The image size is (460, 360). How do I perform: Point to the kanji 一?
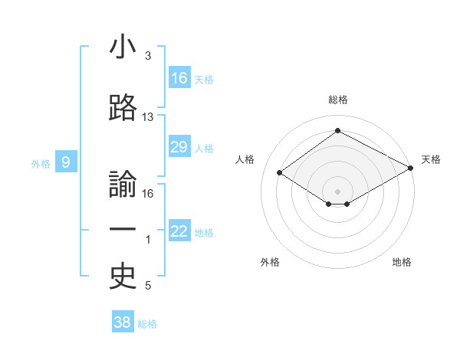click(123, 231)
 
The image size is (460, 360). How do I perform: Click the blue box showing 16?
click(179, 78)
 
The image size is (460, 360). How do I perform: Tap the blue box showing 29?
click(179, 147)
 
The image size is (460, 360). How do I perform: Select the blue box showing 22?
click(179, 231)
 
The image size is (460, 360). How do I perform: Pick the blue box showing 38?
click(123, 322)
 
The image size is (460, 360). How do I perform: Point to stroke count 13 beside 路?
click(148, 117)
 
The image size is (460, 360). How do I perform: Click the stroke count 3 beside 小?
click(148, 56)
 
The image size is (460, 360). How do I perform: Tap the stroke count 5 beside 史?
click(148, 286)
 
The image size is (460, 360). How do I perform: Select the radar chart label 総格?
click(337, 100)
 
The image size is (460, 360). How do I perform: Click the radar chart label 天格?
click(431, 159)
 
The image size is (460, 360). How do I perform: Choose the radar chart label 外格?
click(270, 262)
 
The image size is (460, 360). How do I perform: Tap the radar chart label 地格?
click(402, 262)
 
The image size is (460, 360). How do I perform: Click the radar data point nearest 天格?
click(412, 168)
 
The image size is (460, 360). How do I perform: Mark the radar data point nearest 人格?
click(280, 173)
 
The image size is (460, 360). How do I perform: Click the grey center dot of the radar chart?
click(337, 191)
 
